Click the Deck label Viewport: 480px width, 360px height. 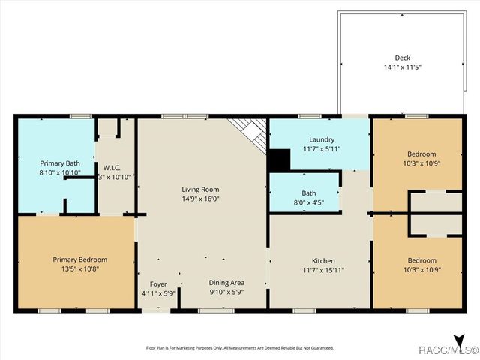403,58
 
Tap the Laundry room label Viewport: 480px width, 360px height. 322,139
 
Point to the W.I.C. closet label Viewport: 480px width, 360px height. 112,167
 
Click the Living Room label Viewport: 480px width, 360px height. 200,190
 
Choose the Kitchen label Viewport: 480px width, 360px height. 324,260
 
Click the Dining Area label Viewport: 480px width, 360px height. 226,283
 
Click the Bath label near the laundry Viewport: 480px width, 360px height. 309,193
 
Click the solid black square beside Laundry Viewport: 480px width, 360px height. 279,160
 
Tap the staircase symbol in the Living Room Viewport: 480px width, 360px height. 250,133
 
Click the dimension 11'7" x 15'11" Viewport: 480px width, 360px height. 324,270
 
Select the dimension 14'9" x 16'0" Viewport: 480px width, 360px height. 200,199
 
